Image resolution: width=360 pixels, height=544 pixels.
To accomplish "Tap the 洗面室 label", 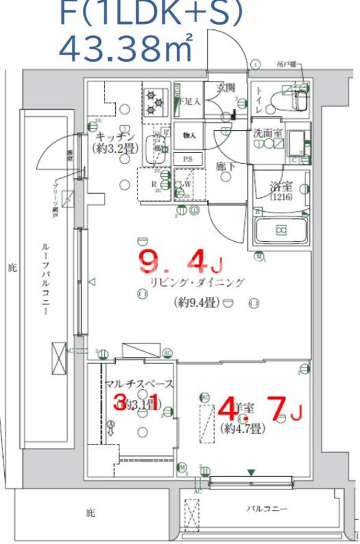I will click(267, 133).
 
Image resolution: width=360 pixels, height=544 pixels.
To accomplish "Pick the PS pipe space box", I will click(187, 158).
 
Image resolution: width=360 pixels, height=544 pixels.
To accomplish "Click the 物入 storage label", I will click(188, 136).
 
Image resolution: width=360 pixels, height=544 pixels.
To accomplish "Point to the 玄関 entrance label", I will click(224, 88).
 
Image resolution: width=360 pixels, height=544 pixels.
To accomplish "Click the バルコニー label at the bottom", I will click(266, 509).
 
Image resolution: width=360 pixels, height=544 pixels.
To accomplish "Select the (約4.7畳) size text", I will click(243, 428).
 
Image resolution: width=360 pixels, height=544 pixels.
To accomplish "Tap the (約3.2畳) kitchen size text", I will click(112, 147).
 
